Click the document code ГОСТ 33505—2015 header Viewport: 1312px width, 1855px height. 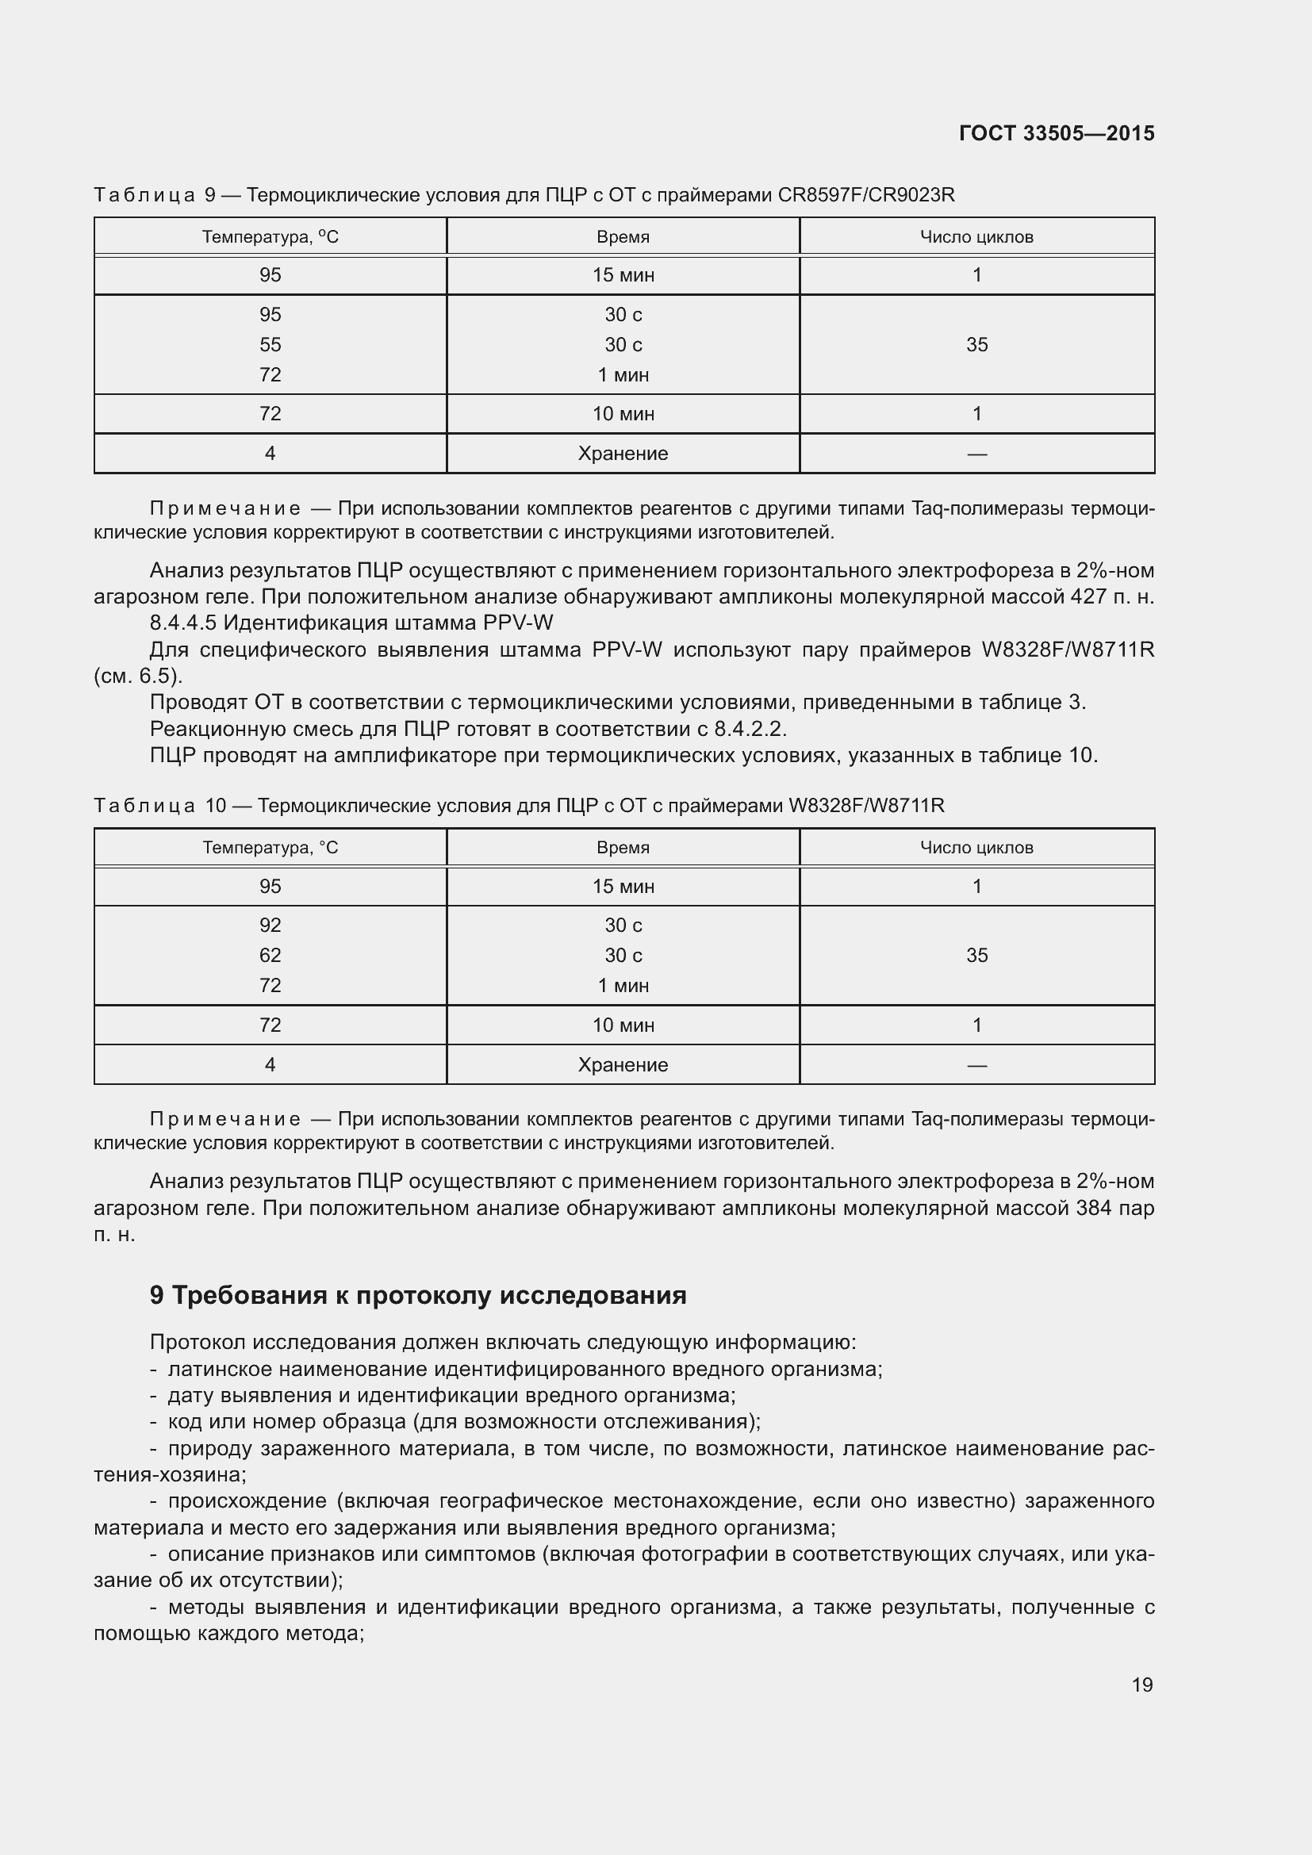click(1056, 133)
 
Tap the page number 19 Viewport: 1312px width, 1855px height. click(1141, 1684)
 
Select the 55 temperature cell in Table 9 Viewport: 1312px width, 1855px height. click(270, 345)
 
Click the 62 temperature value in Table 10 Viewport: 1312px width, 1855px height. click(270, 955)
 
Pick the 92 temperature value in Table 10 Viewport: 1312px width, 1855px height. click(270, 925)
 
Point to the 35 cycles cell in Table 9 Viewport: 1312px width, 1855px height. click(976, 345)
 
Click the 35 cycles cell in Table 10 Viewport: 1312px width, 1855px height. click(976, 955)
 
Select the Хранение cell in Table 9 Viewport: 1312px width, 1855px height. click(622, 454)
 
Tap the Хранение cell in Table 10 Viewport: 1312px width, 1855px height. click(622, 1065)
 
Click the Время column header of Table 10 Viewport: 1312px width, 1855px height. click(622, 848)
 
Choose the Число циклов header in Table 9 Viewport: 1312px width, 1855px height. click(976, 236)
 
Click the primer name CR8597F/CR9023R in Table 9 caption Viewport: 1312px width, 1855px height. click(865, 195)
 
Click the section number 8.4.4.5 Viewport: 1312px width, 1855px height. click(182, 623)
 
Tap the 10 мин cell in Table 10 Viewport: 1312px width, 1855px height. click(622, 1025)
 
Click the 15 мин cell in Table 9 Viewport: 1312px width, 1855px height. click(622, 275)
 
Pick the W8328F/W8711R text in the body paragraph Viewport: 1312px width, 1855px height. click(1067, 650)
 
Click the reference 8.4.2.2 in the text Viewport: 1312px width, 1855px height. click(749, 730)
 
